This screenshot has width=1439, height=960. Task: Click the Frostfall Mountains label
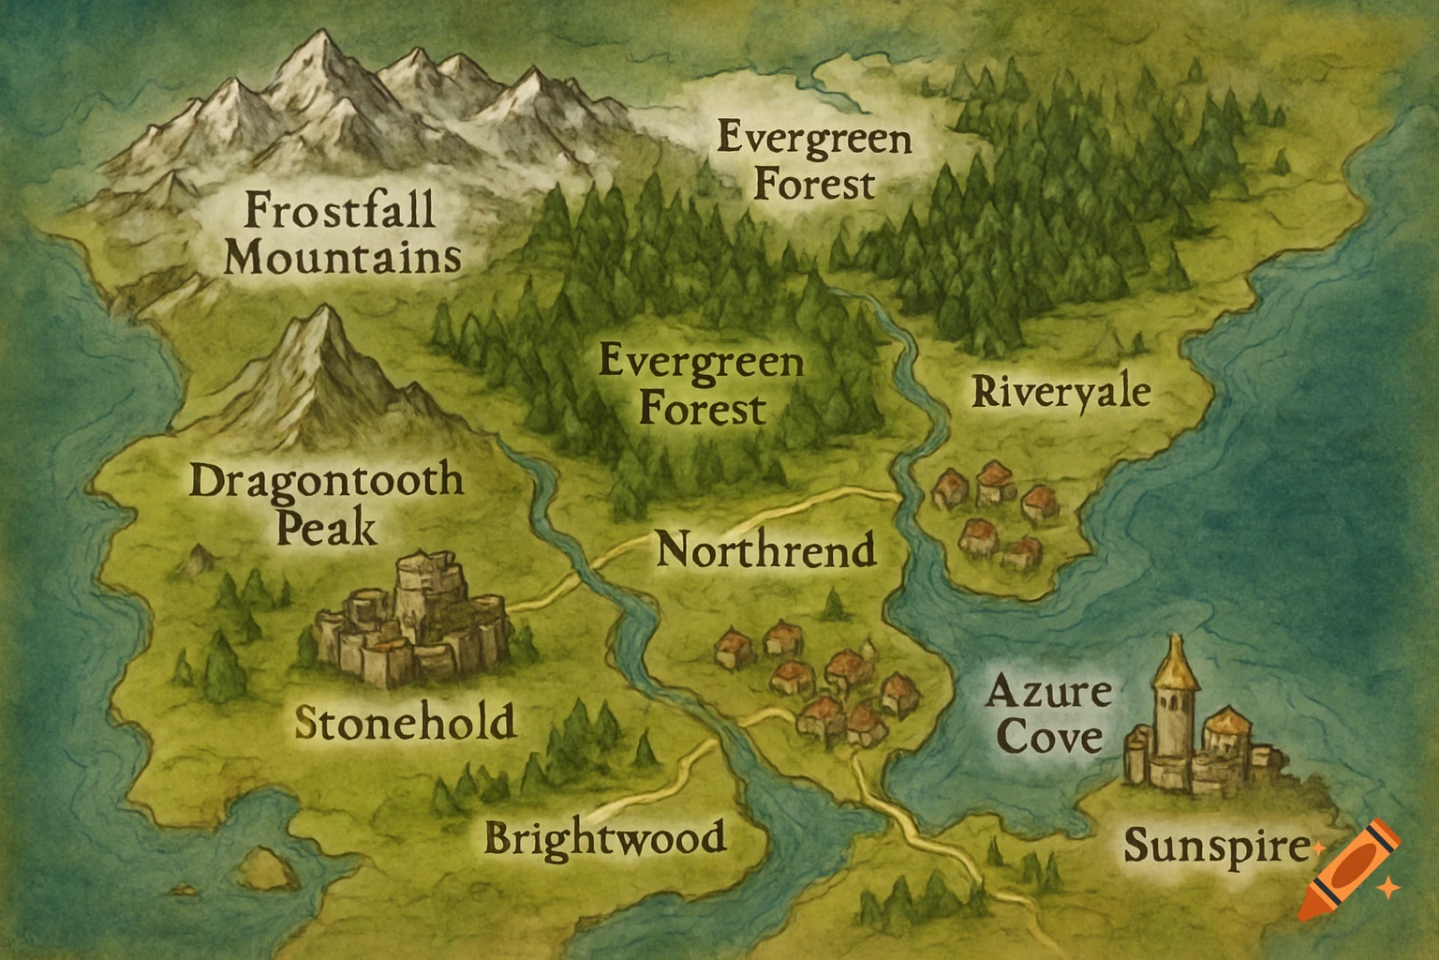[x=341, y=232]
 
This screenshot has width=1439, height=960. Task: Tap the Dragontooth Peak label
[x=327, y=504]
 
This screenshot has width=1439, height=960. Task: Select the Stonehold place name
[x=405, y=722]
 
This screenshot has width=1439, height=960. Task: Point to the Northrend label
[x=765, y=550]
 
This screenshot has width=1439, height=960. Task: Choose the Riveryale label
[x=1061, y=391]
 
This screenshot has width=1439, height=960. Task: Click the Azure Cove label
[x=1048, y=715]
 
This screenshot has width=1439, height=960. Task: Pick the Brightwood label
[x=605, y=836]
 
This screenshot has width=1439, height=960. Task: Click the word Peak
[x=327, y=529]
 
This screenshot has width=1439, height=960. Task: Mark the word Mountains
[x=343, y=256]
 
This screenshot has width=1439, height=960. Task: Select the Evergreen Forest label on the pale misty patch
[x=814, y=162]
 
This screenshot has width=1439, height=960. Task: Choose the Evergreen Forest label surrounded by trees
[x=701, y=384]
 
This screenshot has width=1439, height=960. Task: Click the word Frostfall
[x=340, y=208]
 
